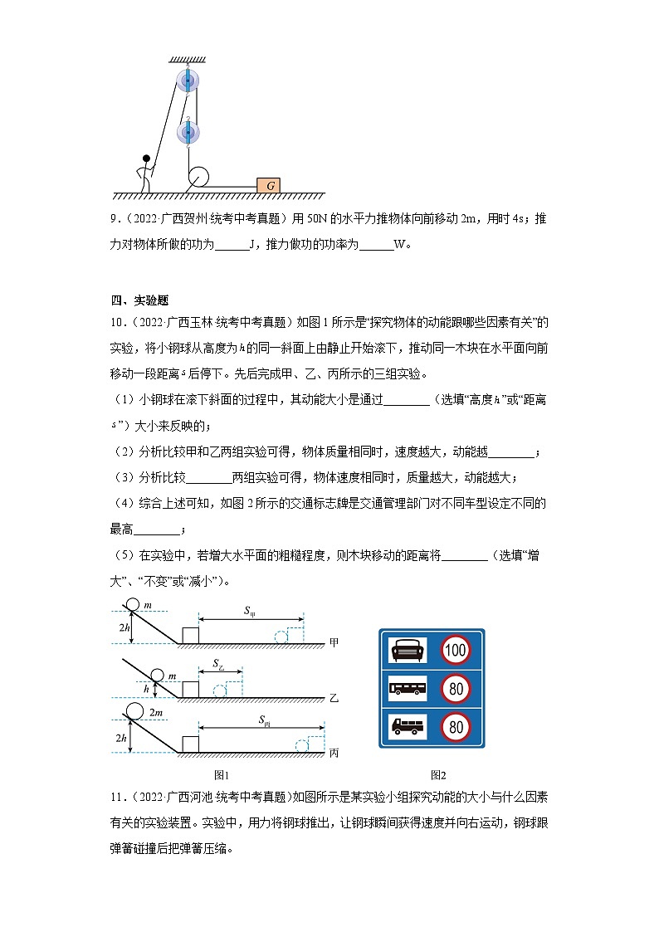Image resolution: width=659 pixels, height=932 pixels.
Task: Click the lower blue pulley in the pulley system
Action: (x=188, y=132)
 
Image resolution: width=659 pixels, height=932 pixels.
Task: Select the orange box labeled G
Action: (x=268, y=185)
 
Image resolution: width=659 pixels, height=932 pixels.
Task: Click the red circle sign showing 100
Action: (x=455, y=650)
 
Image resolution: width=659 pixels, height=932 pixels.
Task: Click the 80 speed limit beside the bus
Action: (x=455, y=688)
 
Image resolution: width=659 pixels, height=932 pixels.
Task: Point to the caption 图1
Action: (x=221, y=775)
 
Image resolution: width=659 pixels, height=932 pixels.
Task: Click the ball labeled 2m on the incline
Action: (x=133, y=710)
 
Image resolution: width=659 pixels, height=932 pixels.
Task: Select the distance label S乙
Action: (x=218, y=665)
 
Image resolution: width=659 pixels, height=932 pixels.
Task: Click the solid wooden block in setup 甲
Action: (x=190, y=636)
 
